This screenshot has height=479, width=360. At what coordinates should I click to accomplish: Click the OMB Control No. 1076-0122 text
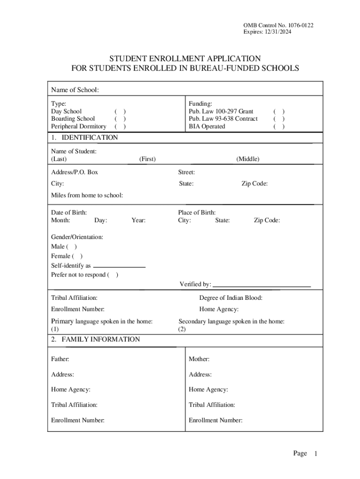coord(278,25)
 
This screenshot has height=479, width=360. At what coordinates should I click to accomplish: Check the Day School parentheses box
coord(120,111)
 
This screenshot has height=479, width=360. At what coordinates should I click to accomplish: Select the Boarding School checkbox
coord(120,119)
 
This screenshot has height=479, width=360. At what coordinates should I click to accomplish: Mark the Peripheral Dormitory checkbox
coord(120,126)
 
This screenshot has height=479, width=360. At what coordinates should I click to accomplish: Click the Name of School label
coord(75,90)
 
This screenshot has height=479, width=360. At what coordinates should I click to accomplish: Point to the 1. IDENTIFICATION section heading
coord(84,138)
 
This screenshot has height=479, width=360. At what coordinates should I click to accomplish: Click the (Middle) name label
coord(248,159)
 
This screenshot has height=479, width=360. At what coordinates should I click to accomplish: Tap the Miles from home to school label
coord(87,195)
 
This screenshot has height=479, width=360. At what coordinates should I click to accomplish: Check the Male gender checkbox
coord(72,247)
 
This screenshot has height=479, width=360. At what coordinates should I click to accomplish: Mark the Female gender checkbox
coord(78,256)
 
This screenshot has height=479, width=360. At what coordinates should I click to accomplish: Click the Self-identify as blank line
coord(119,266)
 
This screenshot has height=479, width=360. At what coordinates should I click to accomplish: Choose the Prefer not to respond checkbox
coord(113,275)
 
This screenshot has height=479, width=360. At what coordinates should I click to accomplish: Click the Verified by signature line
coord(262,284)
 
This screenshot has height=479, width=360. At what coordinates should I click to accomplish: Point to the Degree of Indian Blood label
coord(230,298)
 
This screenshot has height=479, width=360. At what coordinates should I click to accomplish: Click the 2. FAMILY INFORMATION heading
coord(95,339)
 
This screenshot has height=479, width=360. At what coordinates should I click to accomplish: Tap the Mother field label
coord(199,359)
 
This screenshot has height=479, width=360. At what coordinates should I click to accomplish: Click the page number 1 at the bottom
coord(316,454)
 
